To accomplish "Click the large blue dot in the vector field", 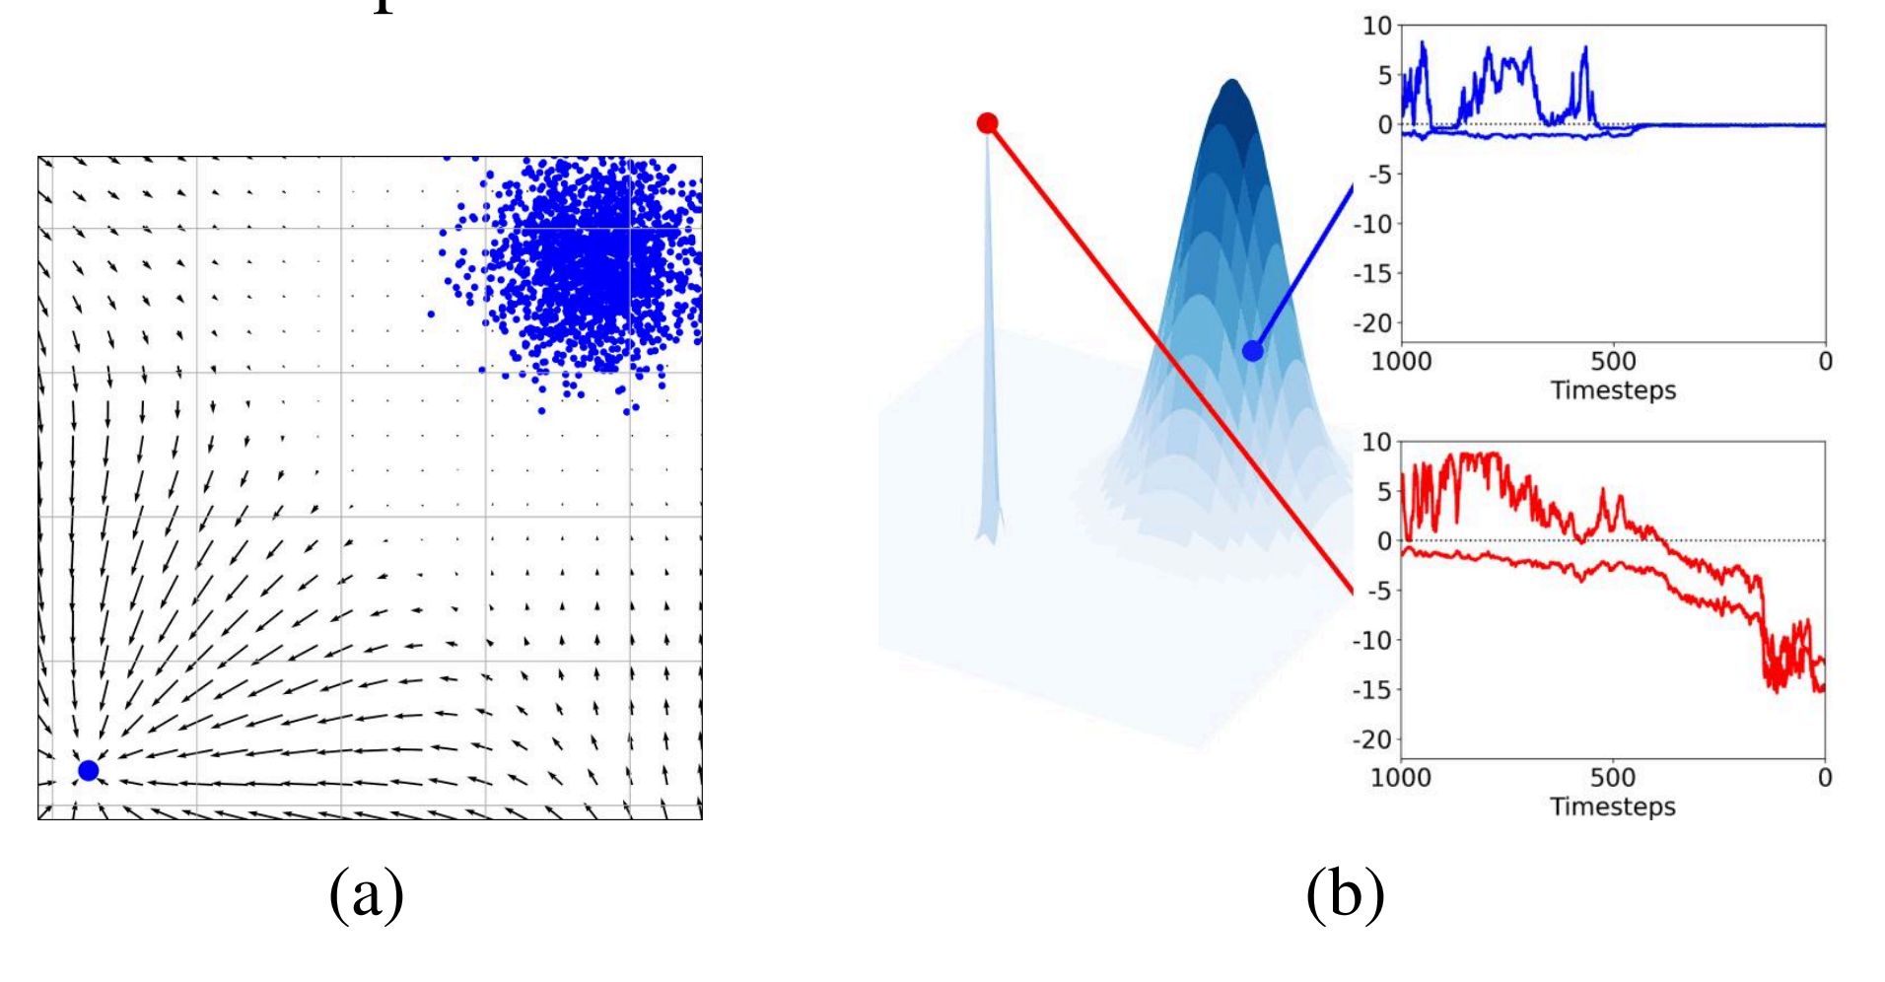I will pyautogui.click(x=89, y=770).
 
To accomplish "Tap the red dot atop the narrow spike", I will pyautogui.click(x=987, y=123).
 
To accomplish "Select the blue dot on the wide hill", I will pyautogui.click(x=1253, y=350).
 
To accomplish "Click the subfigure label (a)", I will pyautogui.click(x=367, y=894).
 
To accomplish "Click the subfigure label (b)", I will pyautogui.click(x=1345, y=894).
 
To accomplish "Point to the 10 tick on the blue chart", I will pyautogui.click(x=1376, y=27).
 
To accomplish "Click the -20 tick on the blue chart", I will pyautogui.click(x=1372, y=323).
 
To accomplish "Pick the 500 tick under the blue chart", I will pyautogui.click(x=1613, y=362).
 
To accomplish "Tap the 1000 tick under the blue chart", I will pyautogui.click(x=1401, y=362).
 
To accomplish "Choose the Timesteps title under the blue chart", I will pyautogui.click(x=1613, y=390).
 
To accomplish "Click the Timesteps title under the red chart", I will pyautogui.click(x=1613, y=807).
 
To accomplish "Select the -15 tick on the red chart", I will pyautogui.click(x=1372, y=690).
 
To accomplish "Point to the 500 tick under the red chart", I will pyautogui.click(x=1613, y=778).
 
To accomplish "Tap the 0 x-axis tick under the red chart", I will pyautogui.click(x=1825, y=778).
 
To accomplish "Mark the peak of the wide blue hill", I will pyautogui.click(x=1231, y=83).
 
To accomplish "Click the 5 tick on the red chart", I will pyautogui.click(x=1384, y=491).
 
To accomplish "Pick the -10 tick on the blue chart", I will pyautogui.click(x=1372, y=224).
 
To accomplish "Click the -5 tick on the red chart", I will pyautogui.click(x=1378, y=591).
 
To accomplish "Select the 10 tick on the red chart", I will pyautogui.click(x=1376, y=443).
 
